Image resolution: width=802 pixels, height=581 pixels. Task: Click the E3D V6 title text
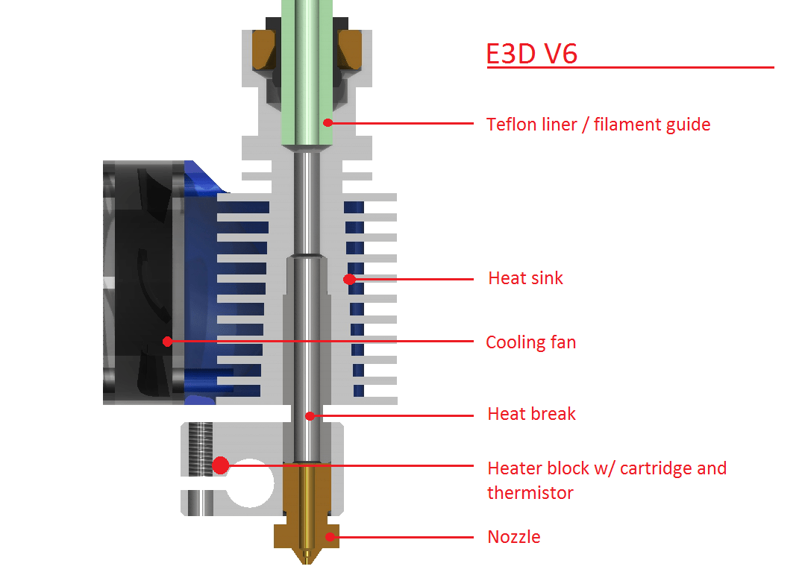coord(531,53)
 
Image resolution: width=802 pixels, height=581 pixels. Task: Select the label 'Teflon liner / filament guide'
coord(598,124)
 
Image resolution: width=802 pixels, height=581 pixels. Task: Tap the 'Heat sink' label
coord(525,278)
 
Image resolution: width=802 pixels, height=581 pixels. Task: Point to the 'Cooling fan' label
coord(530,342)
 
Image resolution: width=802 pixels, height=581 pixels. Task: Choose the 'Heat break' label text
coord(531,414)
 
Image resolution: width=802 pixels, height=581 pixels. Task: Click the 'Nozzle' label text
coord(513,536)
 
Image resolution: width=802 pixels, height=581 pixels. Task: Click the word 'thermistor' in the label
coord(530,492)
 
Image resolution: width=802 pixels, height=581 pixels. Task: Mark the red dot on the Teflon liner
coord(326,122)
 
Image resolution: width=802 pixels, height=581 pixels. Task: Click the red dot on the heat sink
coord(348,280)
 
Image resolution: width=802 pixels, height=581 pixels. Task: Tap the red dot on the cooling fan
coord(167,342)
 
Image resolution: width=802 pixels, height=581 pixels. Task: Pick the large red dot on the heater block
coord(220,465)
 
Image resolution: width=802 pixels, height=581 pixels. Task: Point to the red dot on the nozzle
coord(329,536)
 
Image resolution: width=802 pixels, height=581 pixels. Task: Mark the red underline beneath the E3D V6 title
coord(630,68)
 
